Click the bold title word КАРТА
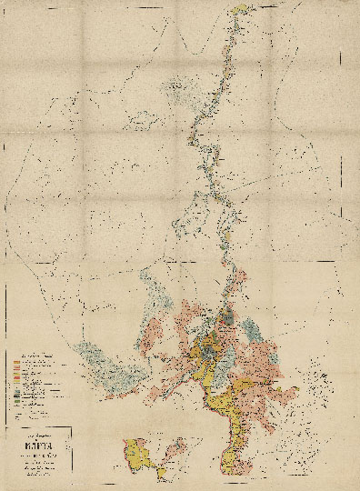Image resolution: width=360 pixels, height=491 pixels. pyautogui.click(x=43, y=436)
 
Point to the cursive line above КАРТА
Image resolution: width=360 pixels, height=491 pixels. pyautogui.click(x=43, y=428)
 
